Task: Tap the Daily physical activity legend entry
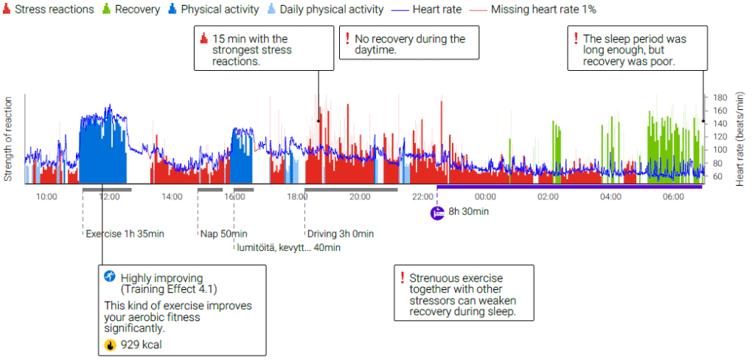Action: (x=332, y=10)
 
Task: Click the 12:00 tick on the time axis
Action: (x=109, y=197)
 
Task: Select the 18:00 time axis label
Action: (x=298, y=197)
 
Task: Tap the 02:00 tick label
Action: (x=549, y=197)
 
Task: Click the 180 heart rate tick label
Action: (x=718, y=97)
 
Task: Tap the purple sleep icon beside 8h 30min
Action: (x=437, y=212)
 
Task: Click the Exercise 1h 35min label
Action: (x=125, y=234)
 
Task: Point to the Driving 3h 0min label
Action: (x=340, y=234)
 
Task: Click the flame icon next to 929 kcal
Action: (x=110, y=344)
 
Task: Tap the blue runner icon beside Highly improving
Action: (x=110, y=277)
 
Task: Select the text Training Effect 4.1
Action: (x=169, y=290)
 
